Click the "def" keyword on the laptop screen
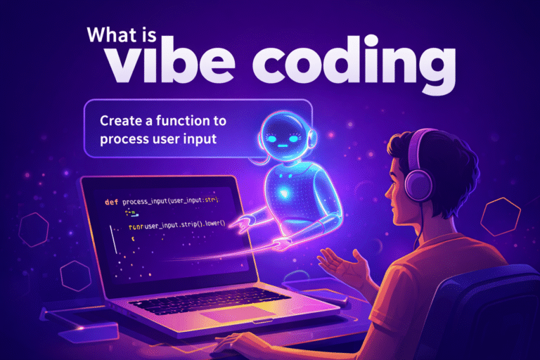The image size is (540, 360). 111,202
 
